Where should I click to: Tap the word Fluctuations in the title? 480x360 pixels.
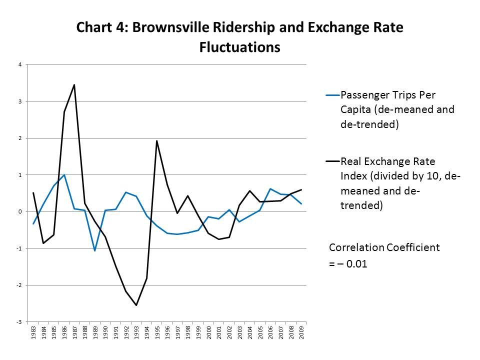click(239, 47)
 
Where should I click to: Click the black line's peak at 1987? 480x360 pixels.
click(74, 85)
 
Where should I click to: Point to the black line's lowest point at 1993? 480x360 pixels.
click(136, 305)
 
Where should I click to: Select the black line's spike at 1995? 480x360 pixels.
click(156, 141)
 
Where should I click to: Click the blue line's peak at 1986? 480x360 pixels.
click(64, 175)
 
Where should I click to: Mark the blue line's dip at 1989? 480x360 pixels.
click(95, 250)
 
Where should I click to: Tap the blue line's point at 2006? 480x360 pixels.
click(270, 189)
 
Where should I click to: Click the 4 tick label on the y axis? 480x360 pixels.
click(19, 64)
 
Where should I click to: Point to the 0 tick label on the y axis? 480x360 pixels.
click(19, 211)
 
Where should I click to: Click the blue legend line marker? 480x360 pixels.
click(332, 95)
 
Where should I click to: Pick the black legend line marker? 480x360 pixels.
click(332, 161)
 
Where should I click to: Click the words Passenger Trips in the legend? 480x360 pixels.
click(375, 95)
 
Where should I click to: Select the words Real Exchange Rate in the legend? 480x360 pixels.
click(387, 161)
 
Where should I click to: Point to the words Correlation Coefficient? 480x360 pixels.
click(384, 247)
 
